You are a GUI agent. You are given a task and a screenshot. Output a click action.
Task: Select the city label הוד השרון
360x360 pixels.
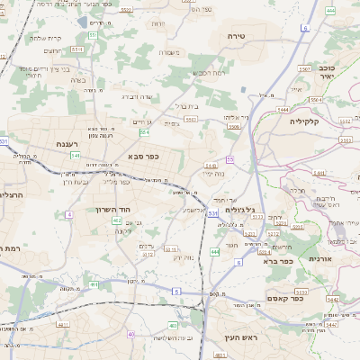(x=113, y=209)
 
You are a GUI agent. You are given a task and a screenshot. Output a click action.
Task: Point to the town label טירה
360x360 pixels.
(x=249, y=35)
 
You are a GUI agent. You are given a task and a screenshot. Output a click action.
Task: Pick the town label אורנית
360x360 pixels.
(x=321, y=258)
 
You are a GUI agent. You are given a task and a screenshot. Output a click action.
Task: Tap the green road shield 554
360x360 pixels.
(x=144, y=132)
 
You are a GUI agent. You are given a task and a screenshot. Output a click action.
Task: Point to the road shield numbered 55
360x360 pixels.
(x=230, y=159)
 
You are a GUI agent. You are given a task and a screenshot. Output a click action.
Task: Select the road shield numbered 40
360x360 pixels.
(x=131, y=335)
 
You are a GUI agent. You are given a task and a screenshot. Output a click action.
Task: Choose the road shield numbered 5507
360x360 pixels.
(x=304, y=69)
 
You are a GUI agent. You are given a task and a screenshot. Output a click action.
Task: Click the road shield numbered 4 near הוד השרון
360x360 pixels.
(x=69, y=215)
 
